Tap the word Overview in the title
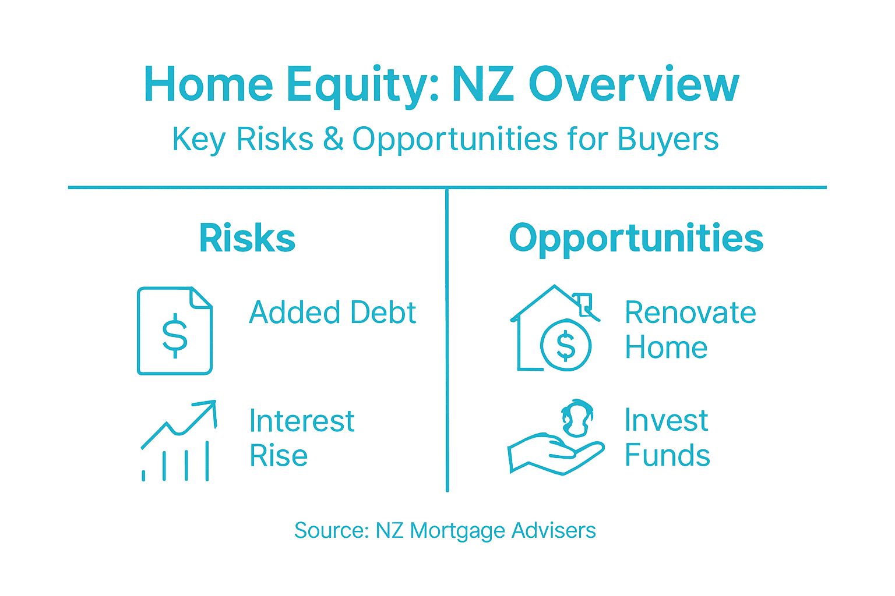(x=633, y=86)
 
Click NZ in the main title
(x=482, y=86)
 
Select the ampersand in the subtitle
(x=333, y=140)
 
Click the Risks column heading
(x=247, y=238)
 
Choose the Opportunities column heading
(x=636, y=238)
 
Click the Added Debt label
(x=332, y=313)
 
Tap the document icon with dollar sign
(x=175, y=331)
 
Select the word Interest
(x=301, y=421)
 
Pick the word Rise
(x=279, y=456)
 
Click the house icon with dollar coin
(x=554, y=329)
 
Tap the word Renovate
(x=690, y=313)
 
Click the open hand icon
(x=554, y=454)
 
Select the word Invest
(x=666, y=420)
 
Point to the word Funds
(x=667, y=455)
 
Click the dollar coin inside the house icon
(x=565, y=346)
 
